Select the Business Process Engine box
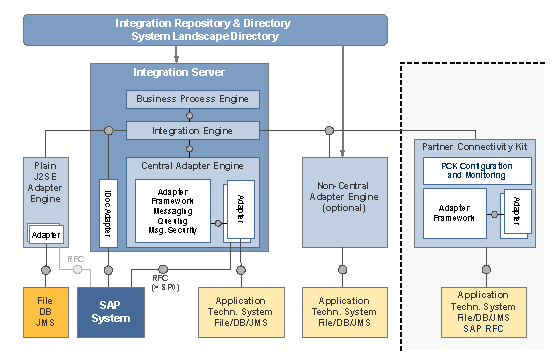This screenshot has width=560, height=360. pyautogui.click(x=193, y=99)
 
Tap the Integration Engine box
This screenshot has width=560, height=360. pyautogui.click(x=193, y=131)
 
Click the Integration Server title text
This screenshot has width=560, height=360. pyautogui.click(x=179, y=73)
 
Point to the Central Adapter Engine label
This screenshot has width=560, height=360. pyautogui.click(x=193, y=164)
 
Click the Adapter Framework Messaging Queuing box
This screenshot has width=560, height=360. pyautogui.click(x=172, y=210)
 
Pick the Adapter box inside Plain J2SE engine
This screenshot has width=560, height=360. pyautogui.click(x=44, y=235)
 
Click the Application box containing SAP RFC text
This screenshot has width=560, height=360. pyautogui.click(x=483, y=313)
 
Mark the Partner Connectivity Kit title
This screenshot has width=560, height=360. pyautogui.click(x=482, y=146)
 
